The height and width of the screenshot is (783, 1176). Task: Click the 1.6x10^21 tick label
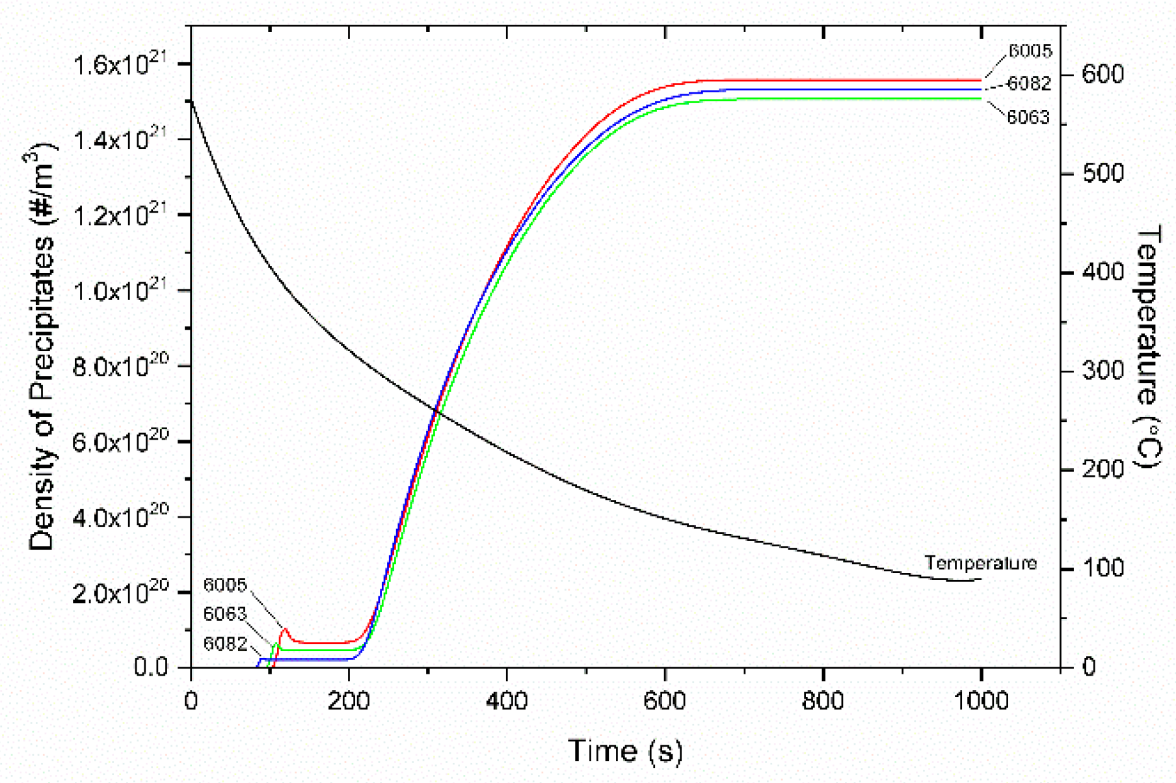tap(120, 66)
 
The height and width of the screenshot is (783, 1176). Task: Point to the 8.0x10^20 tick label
tap(120, 367)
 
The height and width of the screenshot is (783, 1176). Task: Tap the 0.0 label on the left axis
tap(151, 668)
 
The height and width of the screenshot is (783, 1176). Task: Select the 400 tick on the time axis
tap(507, 701)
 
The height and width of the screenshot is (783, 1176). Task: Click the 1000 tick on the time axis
tap(980, 701)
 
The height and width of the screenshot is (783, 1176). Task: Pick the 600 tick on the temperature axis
tap(1102, 74)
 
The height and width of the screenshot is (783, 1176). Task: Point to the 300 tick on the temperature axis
tap(1102, 371)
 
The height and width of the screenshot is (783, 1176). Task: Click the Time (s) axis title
tap(625, 751)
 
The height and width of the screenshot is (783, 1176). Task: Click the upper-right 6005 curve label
tap(1030, 51)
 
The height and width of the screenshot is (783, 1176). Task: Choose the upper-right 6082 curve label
tap(1029, 83)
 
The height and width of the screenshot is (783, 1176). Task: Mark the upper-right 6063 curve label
tap(1028, 117)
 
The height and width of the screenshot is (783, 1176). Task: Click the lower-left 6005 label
tap(225, 585)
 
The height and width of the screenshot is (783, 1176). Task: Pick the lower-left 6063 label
tap(225, 614)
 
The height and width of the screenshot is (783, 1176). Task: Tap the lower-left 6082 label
tap(225, 644)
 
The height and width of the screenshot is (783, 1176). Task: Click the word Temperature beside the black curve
tap(980, 563)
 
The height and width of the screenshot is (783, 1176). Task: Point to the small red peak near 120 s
tap(284, 630)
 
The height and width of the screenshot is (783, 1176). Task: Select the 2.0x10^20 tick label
tap(120, 593)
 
